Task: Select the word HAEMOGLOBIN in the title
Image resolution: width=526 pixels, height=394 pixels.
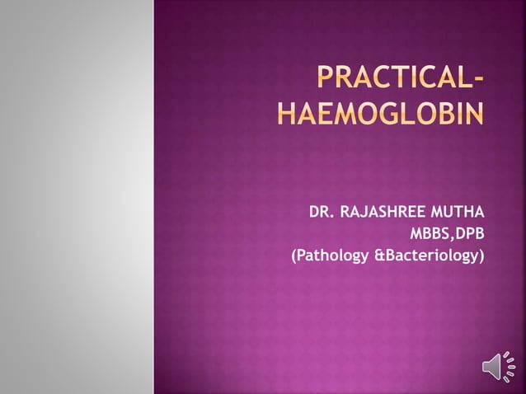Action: tap(380, 114)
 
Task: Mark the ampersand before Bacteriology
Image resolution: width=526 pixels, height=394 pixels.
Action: tap(379, 257)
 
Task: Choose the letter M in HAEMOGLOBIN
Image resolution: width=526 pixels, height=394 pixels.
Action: tap(341, 114)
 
